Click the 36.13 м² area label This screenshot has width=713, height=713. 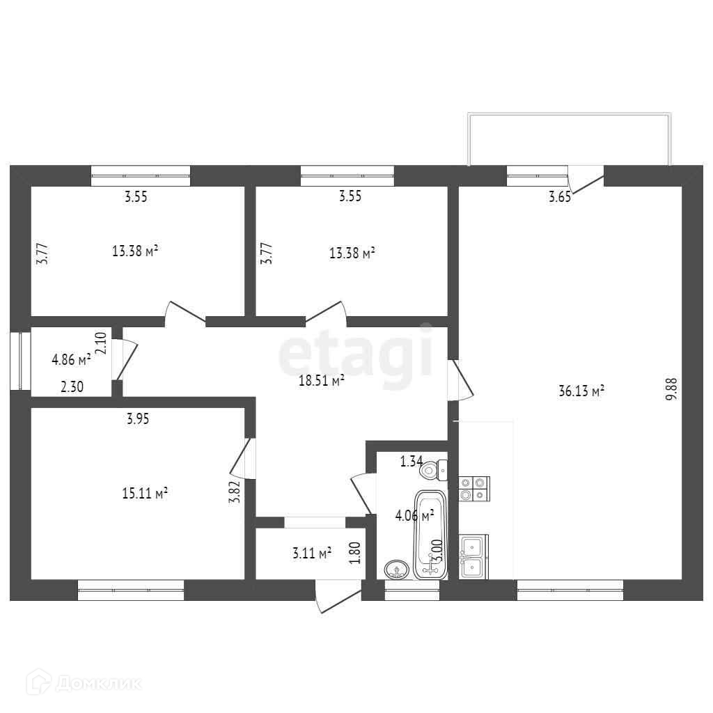click(x=581, y=391)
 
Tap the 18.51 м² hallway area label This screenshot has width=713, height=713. click(x=321, y=381)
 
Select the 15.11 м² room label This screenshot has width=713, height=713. click(x=145, y=493)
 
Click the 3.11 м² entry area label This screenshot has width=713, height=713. click(x=312, y=554)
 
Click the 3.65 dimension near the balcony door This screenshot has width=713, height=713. click(x=560, y=197)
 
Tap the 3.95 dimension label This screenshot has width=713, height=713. click(x=138, y=418)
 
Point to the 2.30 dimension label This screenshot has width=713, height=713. click(x=72, y=387)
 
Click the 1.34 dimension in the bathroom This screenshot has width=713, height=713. click(x=412, y=462)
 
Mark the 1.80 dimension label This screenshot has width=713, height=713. click(x=356, y=552)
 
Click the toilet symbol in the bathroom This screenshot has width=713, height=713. click(x=434, y=470)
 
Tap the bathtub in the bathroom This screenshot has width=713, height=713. click(x=430, y=535)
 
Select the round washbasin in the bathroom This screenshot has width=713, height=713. click(x=397, y=569)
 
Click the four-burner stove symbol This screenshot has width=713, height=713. click(x=473, y=488)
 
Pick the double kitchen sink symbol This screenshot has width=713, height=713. click(x=473, y=556)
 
